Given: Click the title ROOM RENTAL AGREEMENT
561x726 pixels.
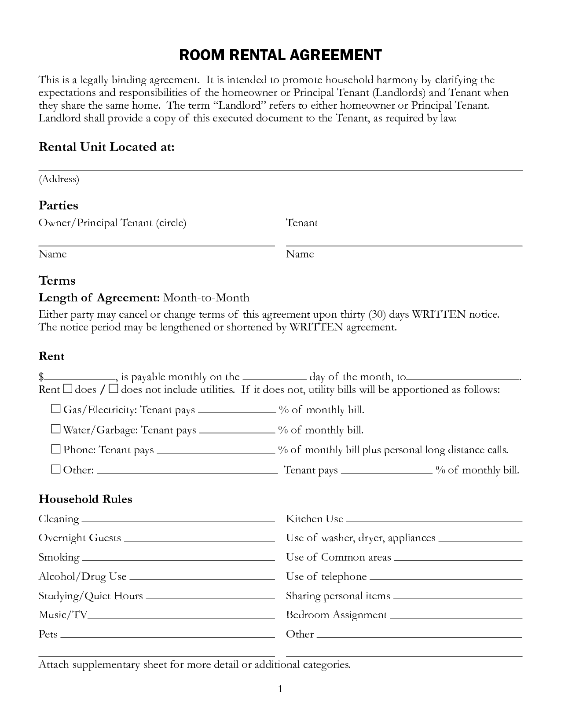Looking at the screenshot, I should (280, 55).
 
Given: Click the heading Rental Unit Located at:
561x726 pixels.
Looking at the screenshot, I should (106, 147).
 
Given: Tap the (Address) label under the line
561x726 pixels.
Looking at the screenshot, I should (59, 179).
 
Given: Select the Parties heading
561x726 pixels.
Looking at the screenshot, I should (58, 205).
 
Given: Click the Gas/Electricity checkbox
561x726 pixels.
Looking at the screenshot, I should (55, 409).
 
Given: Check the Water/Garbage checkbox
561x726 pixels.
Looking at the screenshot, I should (55, 429).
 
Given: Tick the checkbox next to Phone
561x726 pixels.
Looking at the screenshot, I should (55, 449).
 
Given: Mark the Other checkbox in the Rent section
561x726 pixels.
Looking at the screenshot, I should (55, 469).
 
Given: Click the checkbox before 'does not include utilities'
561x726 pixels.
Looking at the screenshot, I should (113, 389).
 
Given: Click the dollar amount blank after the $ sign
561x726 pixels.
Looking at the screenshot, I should (80, 378).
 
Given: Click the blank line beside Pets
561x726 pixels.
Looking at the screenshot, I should (167, 636).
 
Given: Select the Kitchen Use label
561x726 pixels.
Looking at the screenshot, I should (314, 519).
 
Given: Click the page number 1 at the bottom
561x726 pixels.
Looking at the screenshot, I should (280, 689).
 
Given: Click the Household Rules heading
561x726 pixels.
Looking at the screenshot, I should (85, 499).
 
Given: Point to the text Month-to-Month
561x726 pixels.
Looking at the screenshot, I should (206, 298).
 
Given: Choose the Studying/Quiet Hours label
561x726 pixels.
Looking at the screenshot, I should (91, 596).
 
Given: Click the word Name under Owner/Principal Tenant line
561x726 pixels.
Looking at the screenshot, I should (52, 254).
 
